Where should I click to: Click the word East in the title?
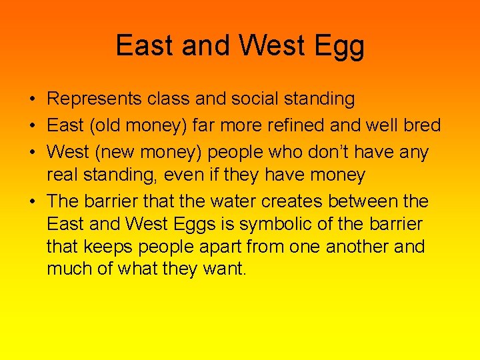pos(136,45)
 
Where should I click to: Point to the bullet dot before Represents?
pos(32,100)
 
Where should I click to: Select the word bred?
pos(420,125)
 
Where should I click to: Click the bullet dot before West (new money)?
pos(32,151)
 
